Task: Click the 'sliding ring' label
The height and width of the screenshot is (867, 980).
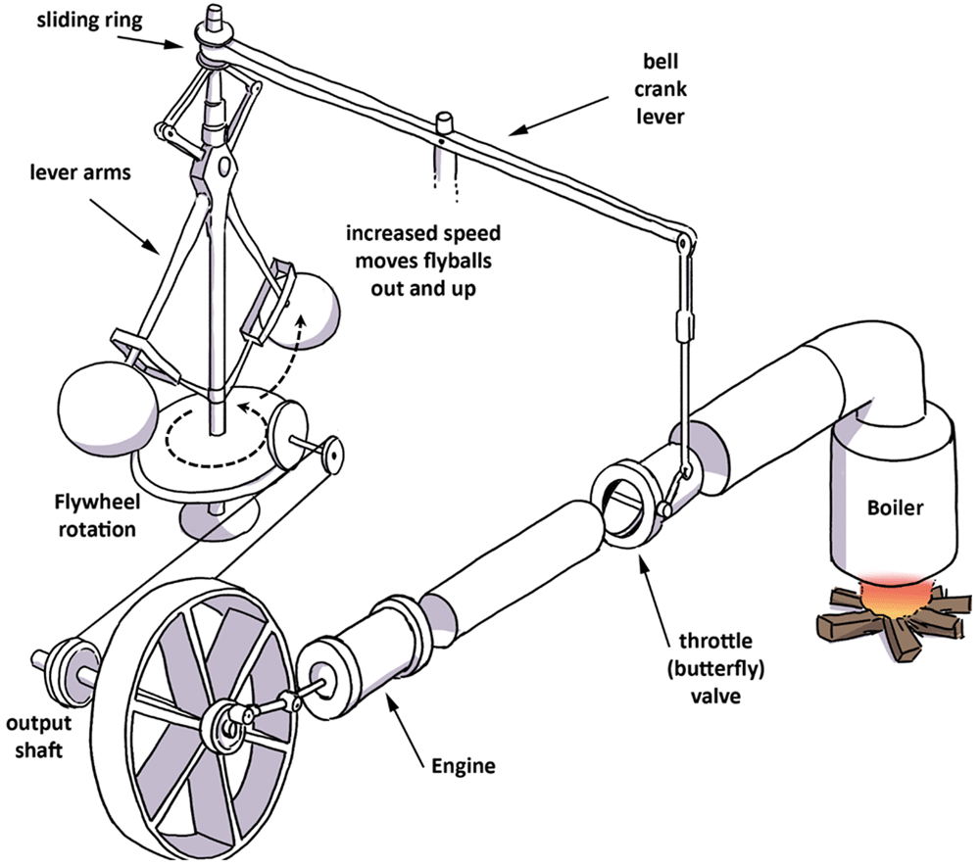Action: point(89,21)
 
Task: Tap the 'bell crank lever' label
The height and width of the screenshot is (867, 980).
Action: point(661,89)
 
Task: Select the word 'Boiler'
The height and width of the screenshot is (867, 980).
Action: point(895,507)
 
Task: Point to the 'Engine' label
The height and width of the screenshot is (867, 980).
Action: point(464,766)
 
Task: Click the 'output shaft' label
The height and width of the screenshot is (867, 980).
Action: point(38,737)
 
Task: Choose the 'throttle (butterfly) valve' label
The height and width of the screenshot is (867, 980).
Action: point(715,668)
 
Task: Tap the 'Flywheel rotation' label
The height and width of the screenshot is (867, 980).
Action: point(97,516)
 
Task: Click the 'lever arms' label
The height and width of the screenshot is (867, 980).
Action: point(80,172)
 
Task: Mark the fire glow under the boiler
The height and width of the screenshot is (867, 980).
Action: point(895,594)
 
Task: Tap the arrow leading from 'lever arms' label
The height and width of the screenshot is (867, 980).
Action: point(125,227)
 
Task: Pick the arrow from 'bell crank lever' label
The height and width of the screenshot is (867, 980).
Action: point(559,116)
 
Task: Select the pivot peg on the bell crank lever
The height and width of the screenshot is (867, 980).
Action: point(443,123)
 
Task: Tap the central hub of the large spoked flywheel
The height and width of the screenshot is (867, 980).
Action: point(225,725)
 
